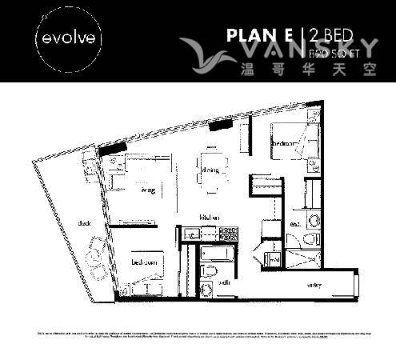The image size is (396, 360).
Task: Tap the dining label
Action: (x=210, y=170)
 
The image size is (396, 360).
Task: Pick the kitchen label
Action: (x=211, y=217)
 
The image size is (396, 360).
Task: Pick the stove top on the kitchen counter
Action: (x=227, y=234)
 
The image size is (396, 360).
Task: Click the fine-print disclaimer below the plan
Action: (x=198, y=332)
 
